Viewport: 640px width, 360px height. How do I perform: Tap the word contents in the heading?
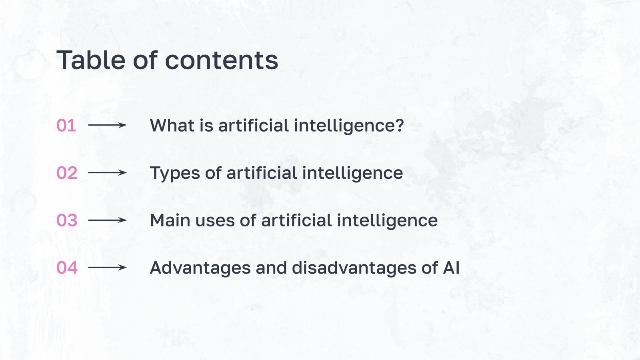pyautogui.click(x=221, y=61)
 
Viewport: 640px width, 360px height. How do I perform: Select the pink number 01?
pyautogui.click(x=66, y=126)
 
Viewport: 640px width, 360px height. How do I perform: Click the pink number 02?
pyautogui.click(x=67, y=173)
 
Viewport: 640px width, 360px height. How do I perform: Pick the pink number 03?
pyautogui.click(x=67, y=220)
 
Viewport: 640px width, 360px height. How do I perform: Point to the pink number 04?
pyautogui.click(x=67, y=268)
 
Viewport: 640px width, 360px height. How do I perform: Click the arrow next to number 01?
pyautogui.click(x=107, y=125)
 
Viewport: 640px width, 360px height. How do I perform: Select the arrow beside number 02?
pyautogui.click(x=107, y=173)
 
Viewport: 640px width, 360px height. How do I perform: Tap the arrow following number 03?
pyautogui.click(x=107, y=220)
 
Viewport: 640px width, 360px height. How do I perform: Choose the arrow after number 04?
pyautogui.click(x=107, y=268)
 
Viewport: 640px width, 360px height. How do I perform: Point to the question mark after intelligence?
pyautogui.click(x=399, y=126)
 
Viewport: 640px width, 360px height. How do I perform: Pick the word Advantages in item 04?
pyautogui.click(x=200, y=268)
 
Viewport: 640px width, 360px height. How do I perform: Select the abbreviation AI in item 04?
pyautogui.click(x=451, y=268)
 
